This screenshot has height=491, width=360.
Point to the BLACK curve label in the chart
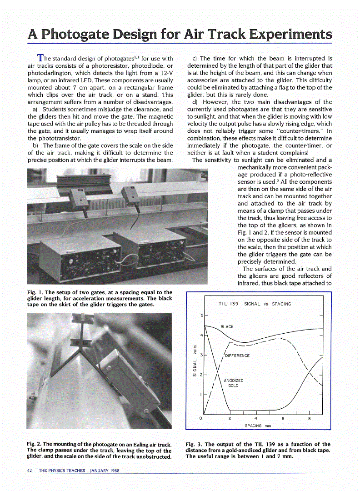(227, 327)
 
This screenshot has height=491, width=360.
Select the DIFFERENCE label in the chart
(237, 356)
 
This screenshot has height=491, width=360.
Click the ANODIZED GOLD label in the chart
(234, 383)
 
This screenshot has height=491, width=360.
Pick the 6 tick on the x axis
(283, 418)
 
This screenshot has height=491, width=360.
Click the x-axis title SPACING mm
(258, 426)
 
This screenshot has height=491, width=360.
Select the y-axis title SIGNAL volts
(195, 361)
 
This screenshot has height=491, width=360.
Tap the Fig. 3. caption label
(194, 444)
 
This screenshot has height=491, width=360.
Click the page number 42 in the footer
(30, 471)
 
